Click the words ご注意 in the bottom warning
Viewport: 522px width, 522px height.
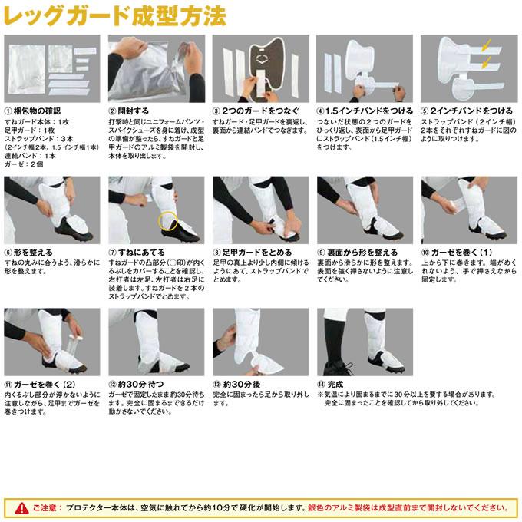pyautogui.click(x=41, y=507)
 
